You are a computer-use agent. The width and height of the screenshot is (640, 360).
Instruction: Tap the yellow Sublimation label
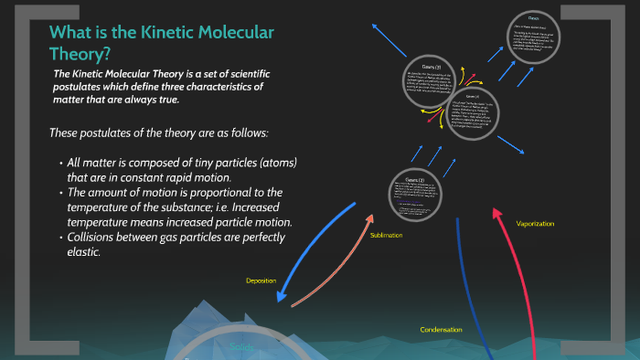387,235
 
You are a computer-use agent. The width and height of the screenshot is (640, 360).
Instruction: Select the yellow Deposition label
261,281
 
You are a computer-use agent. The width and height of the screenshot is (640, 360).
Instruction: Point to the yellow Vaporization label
535,224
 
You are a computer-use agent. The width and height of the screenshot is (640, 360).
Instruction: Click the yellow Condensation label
441,329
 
